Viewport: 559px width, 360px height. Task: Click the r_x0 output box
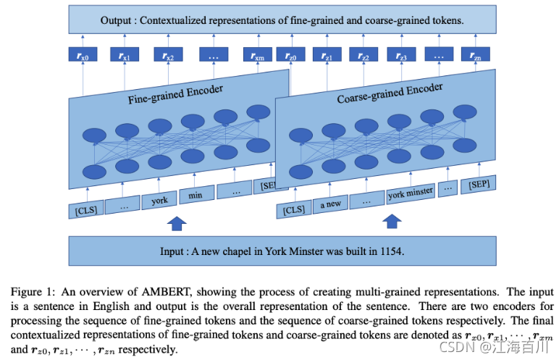click(x=82, y=55)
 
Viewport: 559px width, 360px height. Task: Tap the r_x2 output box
click(x=168, y=55)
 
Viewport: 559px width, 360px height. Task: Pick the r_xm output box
click(x=257, y=55)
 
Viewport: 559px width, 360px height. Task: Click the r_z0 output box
click(x=290, y=55)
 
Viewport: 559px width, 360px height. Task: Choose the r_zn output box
click(x=474, y=55)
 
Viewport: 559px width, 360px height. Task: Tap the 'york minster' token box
click(x=411, y=193)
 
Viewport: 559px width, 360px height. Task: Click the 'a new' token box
click(x=330, y=204)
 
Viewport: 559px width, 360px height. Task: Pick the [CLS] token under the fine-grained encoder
click(x=85, y=210)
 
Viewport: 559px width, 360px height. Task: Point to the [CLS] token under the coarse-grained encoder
click(x=294, y=209)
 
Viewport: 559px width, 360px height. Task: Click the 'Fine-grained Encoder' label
click(x=175, y=95)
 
